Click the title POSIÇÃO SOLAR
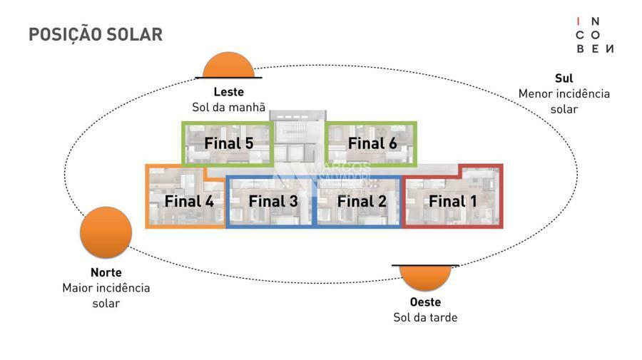click(x=96, y=34)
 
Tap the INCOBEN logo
click(x=595, y=35)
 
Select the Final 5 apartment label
click(x=228, y=143)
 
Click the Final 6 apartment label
click(x=372, y=143)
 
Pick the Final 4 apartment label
click(x=189, y=201)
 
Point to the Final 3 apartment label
click(x=272, y=201)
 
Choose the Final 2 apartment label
click(x=362, y=201)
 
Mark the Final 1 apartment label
click(x=452, y=201)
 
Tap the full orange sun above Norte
click(x=106, y=233)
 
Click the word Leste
click(x=228, y=92)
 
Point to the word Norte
click(x=106, y=272)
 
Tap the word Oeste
click(x=425, y=302)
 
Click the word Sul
click(x=564, y=78)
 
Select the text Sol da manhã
click(x=228, y=108)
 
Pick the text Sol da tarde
click(x=425, y=317)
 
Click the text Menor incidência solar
click(x=564, y=101)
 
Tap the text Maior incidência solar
click(x=106, y=295)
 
